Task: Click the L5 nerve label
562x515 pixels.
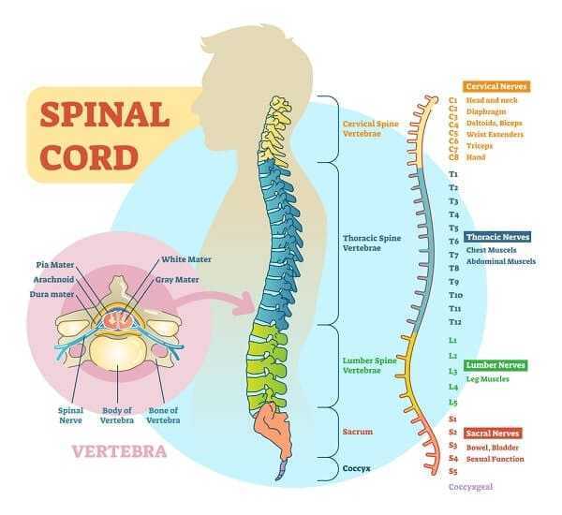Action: point(453,402)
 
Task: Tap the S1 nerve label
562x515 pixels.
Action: point(453,418)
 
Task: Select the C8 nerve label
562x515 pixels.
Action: point(453,157)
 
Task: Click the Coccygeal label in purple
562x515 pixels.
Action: point(470,487)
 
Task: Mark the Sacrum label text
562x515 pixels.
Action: point(358,432)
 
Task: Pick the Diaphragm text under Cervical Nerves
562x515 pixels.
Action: point(491,111)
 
